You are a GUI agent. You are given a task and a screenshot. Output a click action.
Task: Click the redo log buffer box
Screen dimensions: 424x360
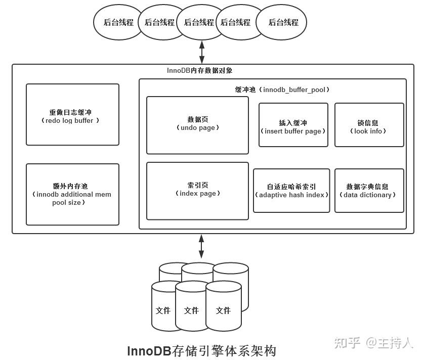72,115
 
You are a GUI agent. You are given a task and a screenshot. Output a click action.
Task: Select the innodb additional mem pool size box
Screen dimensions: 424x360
72,194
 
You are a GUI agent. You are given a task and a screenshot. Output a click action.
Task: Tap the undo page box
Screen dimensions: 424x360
197,125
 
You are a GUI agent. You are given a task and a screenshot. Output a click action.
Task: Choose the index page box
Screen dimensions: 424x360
197,191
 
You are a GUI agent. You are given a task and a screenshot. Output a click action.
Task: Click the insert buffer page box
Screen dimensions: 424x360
293,125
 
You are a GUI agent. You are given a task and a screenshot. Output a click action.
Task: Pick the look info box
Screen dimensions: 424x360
369,125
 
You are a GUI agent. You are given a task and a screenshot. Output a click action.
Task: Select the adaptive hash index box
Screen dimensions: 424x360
291,191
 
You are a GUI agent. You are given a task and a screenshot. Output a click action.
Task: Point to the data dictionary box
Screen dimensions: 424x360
369,191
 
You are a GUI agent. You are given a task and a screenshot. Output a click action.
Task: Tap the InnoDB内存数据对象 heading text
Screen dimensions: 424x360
199,71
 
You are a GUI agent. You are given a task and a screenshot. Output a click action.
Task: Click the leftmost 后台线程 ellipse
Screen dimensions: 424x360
118,22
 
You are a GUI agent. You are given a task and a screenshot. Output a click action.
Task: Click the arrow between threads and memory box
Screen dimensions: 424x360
202,52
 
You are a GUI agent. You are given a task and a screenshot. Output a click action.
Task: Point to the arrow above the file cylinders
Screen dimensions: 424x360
201,246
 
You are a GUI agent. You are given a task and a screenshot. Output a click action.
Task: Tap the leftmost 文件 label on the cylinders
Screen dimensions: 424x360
163,310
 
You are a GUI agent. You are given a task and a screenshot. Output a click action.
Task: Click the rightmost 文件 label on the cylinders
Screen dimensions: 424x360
223,310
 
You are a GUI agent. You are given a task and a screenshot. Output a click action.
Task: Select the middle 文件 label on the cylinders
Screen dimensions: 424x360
191,310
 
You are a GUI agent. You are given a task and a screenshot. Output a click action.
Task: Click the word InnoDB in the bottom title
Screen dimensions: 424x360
149,351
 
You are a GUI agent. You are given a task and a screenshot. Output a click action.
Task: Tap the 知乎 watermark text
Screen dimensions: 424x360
347,343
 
